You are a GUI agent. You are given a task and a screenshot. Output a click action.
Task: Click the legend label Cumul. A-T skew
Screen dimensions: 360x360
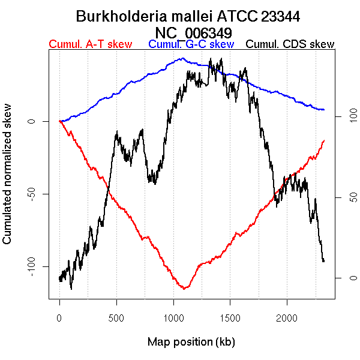click(90, 44)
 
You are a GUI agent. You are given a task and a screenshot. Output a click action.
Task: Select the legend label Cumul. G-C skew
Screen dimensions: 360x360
click(191, 44)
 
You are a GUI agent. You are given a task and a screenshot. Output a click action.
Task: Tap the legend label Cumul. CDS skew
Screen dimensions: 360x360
click(290, 44)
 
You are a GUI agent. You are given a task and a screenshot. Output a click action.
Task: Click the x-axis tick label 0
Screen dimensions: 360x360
click(59, 317)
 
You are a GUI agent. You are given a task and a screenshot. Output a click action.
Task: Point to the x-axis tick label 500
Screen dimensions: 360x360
click(116, 317)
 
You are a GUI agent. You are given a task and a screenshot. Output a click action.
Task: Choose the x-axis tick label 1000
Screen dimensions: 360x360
click(173, 317)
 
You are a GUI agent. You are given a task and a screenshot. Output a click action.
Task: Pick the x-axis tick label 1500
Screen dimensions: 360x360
click(230, 317)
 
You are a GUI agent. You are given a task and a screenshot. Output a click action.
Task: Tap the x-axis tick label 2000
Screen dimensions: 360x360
click(287, 317)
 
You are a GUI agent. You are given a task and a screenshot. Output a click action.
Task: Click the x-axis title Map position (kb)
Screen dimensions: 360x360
click(191, 342)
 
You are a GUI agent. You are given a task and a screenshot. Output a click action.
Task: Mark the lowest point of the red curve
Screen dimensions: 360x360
click(185, 289)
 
